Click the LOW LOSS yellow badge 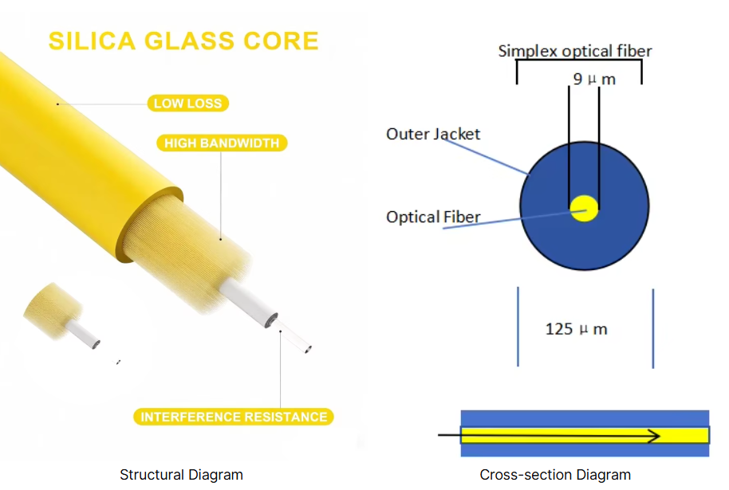(x=187, y=103)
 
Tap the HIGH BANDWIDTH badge (x=222, y=143)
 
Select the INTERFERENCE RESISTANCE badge (x=234, y=417)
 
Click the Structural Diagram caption (x=181, y=475)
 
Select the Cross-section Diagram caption (x=555, y=475)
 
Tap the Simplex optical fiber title (x=574, y=51)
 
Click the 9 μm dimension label (x=594, y=79)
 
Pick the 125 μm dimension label (x=576, y=329)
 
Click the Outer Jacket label (x=433, y=134)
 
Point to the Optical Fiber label (x=433, y=217)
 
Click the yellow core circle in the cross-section (x=584, y=208)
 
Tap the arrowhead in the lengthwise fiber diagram (x=655, y=436)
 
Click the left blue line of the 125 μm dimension (x=518, y=327)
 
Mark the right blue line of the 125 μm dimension (x=652, y=328)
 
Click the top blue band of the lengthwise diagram (x=585, y=418)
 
